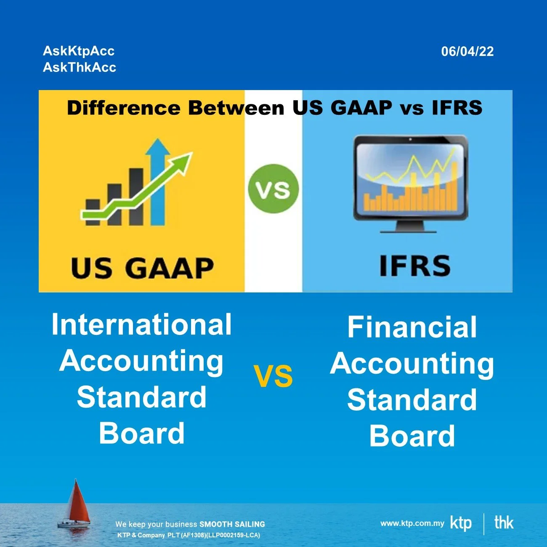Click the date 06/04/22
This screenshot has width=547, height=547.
[x=467, y=51]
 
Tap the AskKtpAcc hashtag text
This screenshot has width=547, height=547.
[x=79, y=51]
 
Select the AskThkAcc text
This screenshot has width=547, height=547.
[x=80, y=67]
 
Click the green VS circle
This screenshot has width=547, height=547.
[x=273, y=189]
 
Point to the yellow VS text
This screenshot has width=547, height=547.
[x=273, y=376]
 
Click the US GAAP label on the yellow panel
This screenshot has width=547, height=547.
[x=142, y=268]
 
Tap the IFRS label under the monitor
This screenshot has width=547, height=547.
[x=414, y=266]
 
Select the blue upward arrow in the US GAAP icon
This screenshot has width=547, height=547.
[x=157, y=181]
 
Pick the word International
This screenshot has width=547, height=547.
[x=141, y=324]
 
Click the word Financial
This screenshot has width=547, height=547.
[x=412, y=327]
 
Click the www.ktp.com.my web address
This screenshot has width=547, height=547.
[x=412, y=523]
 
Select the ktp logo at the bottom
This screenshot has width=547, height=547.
[x=461, y=523]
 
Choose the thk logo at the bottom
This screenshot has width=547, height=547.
[x=504, y=523]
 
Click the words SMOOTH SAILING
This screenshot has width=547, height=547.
[x=232, y=524]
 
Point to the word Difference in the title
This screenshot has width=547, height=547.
[x=124, y=108]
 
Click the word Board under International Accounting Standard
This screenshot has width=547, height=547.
[x=142, y=433]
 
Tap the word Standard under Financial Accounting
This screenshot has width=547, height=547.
[x=412, y=399]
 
